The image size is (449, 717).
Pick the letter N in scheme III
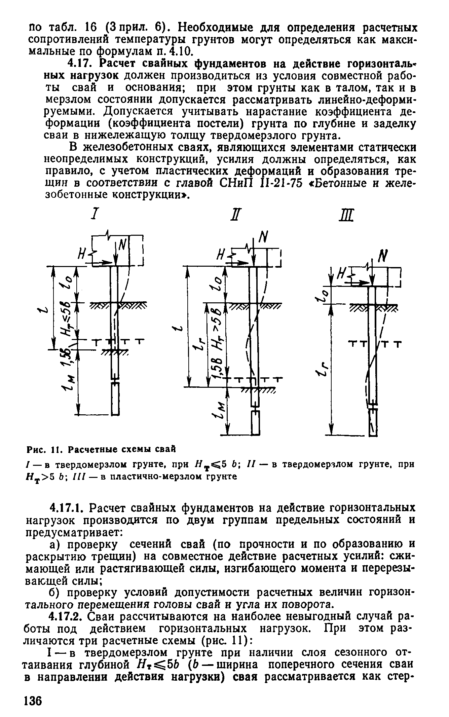(x=381, y=258)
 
